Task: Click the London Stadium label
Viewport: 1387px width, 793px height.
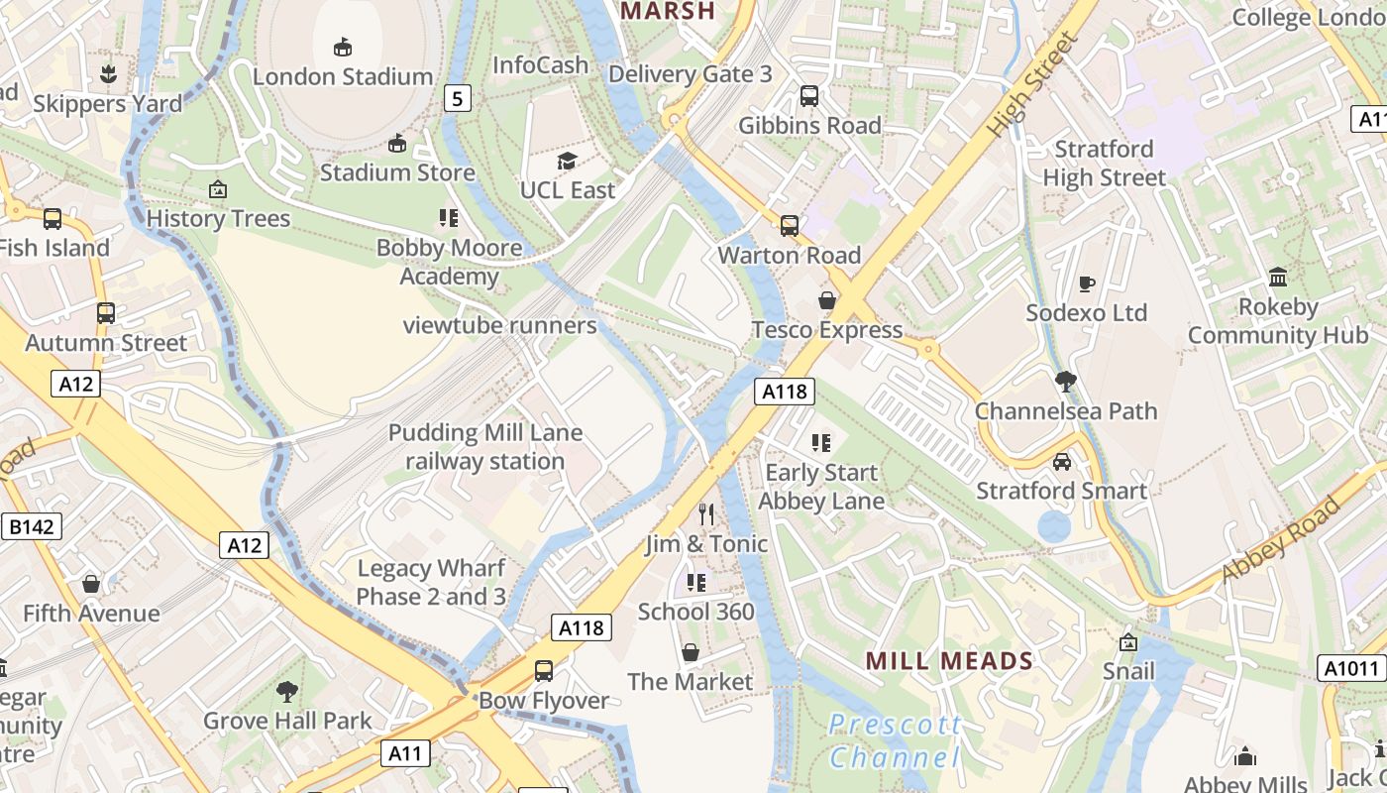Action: [343, 76]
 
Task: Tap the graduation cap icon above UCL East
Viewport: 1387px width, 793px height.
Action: [567, 161]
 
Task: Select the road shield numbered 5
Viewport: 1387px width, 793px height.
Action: [457, 98]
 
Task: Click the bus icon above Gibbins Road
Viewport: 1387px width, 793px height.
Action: [809, 96]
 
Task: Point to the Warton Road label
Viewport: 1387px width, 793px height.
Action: [790, 255]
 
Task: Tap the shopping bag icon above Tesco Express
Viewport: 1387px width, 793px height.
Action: [826, 300]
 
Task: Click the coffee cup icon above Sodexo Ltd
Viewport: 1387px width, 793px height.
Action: [1086, 283]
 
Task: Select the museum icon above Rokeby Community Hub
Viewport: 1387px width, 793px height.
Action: [1278, 278]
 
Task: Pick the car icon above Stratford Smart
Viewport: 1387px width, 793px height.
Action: [1061, 462]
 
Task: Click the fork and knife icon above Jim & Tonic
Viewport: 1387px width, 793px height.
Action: [706, 513]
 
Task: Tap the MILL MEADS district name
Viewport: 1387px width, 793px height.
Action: [950, 660]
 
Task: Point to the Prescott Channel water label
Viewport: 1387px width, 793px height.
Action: [895, 741]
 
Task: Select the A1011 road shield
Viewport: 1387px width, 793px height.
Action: [1351, 669]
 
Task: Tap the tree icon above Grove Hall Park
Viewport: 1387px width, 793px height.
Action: [287, 691]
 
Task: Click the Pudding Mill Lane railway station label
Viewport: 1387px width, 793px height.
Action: [485, 447]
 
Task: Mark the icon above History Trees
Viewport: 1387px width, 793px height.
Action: [218, 189]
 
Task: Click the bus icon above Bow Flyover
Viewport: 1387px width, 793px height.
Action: [544, 671]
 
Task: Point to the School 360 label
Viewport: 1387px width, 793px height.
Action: [696, 612]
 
